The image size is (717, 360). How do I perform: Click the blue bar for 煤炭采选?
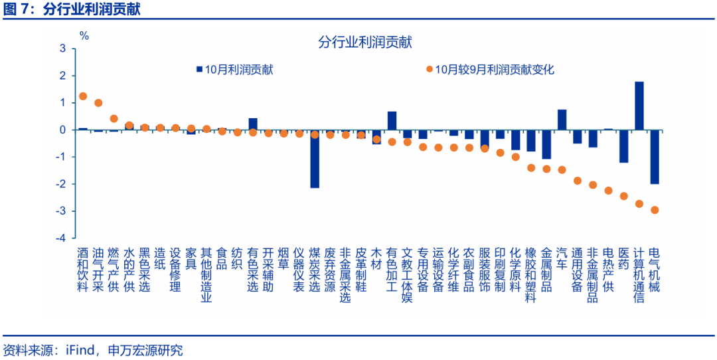tap(315, 159)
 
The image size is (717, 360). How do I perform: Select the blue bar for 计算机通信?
tap(639, 106)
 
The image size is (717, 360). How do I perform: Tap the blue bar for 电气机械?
tap(655, 157)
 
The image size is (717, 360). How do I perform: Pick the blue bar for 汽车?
tap(562, 120)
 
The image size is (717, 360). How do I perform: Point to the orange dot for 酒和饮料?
tap(83, 96)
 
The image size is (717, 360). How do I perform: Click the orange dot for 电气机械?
tap(655, 210)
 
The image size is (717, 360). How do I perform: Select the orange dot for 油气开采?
tap(98, 103)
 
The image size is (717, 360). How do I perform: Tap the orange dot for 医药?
tap(624, 196)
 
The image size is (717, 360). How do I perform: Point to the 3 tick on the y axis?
tap(62, 48)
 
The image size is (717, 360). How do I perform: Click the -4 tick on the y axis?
tap(61, 238)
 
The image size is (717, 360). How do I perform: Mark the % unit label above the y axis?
tap(84, 36)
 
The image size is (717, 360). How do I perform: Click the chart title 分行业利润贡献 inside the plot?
tap(364, 43)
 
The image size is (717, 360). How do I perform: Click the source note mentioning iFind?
tap(93, 349)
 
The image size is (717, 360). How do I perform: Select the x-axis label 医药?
tap(623, 258)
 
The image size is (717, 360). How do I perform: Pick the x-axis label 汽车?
tap(562, 258)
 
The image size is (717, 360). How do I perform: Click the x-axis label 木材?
tap(376, 258)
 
